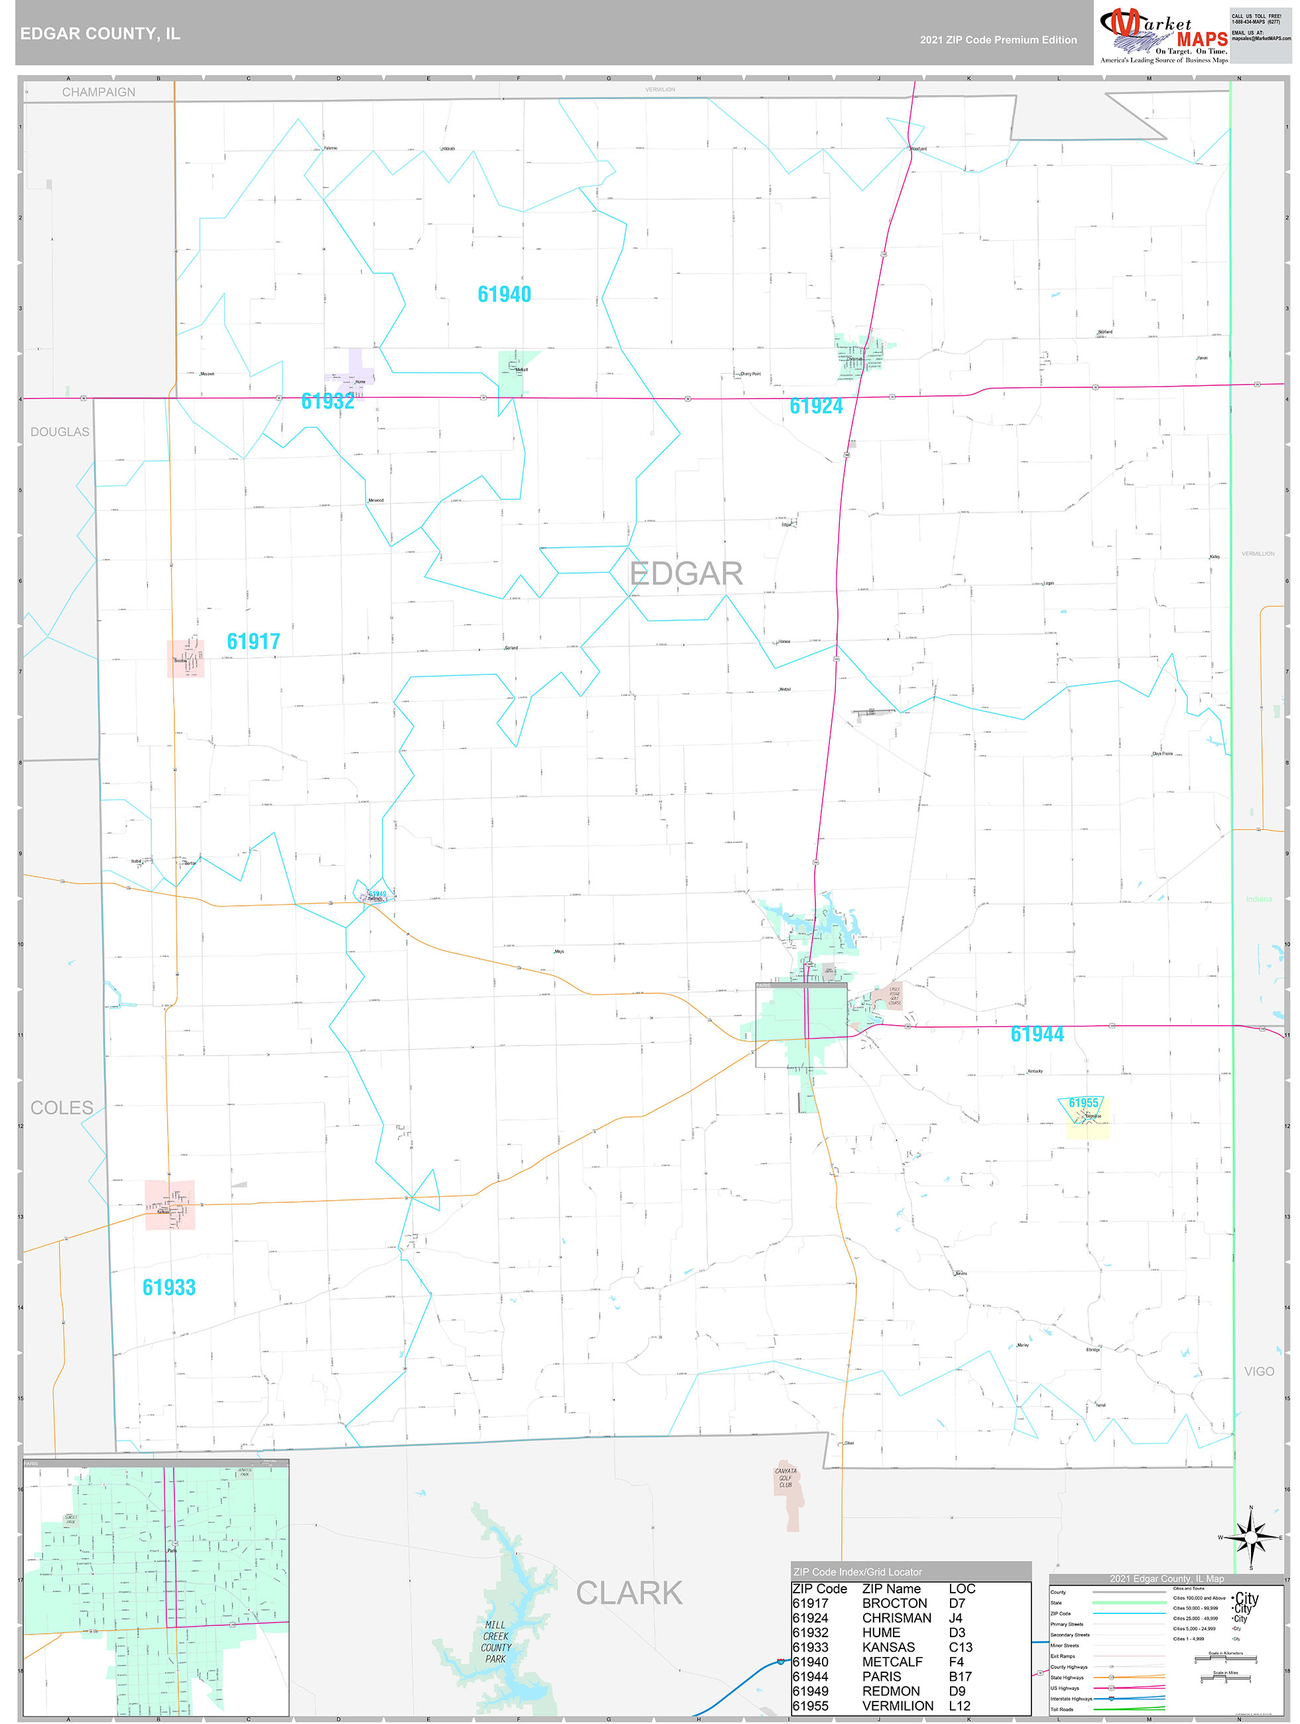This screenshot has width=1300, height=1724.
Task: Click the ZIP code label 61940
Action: click(504, 294)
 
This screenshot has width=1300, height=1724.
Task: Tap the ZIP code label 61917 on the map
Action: click(253, 641)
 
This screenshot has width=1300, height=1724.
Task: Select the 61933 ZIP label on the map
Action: click(168, 1288)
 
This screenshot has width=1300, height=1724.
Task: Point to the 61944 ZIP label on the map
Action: click(1037, 1034)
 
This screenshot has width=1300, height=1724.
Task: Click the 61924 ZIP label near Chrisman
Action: click(816, 406)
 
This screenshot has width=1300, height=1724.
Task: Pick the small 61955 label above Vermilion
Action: click(1083, 1103)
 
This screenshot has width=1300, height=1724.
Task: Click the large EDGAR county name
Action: click(686, 574)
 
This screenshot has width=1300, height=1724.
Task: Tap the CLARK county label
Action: click(629, 1594)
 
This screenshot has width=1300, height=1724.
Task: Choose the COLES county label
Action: click(62, 1107)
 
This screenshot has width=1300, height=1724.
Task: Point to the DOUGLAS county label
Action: click(60, 432)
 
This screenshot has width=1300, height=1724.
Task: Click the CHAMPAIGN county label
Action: click(99, 92)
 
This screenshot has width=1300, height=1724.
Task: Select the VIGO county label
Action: click(1259, 1372)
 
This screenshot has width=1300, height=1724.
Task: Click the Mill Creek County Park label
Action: click(496, 1642)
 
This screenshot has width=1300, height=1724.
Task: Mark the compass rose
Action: click(1250, 1538)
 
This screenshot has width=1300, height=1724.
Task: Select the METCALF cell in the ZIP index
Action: click(892, 1662)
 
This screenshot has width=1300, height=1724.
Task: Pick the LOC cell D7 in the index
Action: click(957, 1603)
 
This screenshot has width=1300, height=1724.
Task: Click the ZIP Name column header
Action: click(891, 1588)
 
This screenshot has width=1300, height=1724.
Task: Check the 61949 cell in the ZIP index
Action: click(811, 1692)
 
